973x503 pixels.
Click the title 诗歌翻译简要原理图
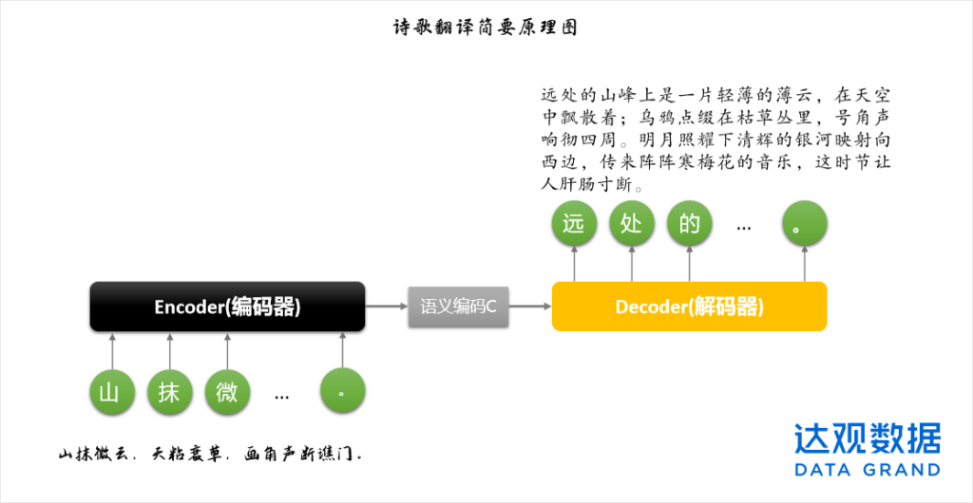point(486,27)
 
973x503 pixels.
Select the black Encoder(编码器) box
point(227,307)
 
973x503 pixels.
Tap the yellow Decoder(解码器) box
point(689,307)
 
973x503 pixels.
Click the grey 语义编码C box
point(459,307)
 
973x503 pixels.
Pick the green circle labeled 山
point(110,391)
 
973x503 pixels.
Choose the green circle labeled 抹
point(169,391)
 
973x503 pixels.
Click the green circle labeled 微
point(227,391)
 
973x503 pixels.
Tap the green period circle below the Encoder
point(343,391)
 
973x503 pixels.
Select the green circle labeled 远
point(574,225)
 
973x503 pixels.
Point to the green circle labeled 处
point(632,225)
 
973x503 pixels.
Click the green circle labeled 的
point(690,225)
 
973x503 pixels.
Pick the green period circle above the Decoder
point(805,225)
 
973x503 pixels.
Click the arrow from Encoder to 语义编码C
point(387,307)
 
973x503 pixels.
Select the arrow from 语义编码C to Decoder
point(530,307)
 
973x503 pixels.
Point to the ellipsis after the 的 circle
point(745,228)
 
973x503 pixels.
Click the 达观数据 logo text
point(868,438)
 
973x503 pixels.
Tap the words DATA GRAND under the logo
point(868,470)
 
